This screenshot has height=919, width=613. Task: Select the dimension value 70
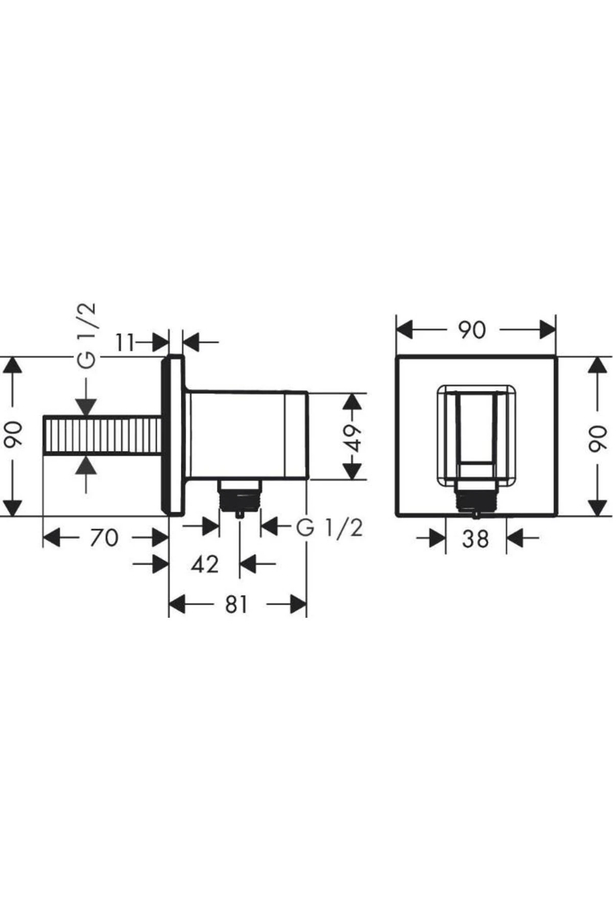click(104, 538)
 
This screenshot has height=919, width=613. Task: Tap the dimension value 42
click(205, 564)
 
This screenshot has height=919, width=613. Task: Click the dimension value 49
click(352, 437)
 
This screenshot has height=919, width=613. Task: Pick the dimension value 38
click(475, 538)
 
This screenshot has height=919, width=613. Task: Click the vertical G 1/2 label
click(86, 335)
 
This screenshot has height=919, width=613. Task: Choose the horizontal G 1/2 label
click(329, 527)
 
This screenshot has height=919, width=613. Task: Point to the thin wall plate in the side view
click(172, 434)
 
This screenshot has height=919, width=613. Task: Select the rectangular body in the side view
click(248, 436)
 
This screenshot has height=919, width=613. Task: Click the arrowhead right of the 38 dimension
click(515, 538)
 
